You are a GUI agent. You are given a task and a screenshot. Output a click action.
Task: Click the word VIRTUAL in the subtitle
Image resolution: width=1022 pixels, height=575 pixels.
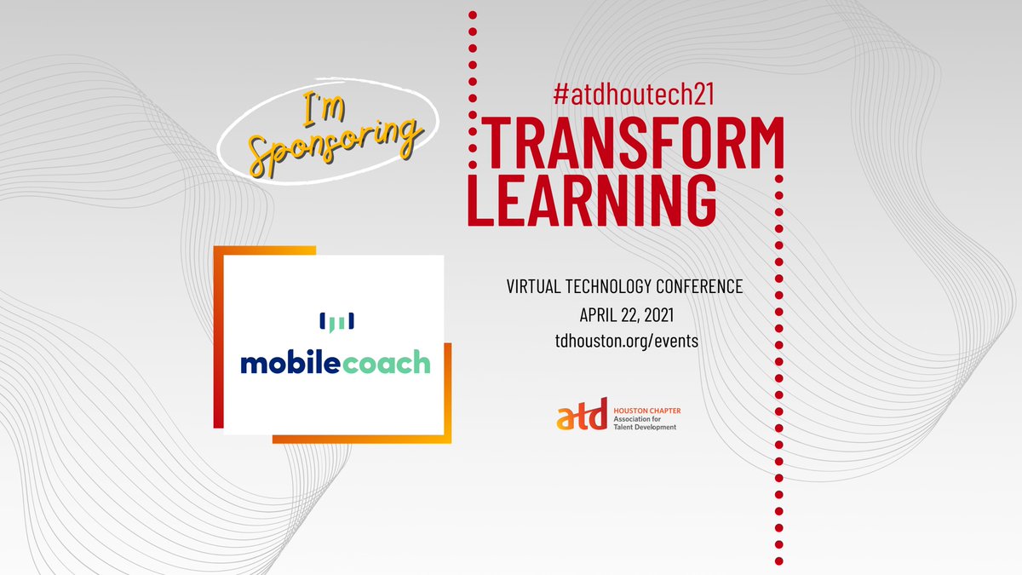pos(535,286)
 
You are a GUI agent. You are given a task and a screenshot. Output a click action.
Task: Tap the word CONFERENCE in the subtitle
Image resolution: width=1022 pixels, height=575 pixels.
pos(707,286)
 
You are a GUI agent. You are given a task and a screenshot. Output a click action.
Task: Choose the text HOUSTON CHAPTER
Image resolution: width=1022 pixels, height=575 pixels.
pos(647,411)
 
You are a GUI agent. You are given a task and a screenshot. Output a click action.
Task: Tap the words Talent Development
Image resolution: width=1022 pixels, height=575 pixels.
pos(645,427)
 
